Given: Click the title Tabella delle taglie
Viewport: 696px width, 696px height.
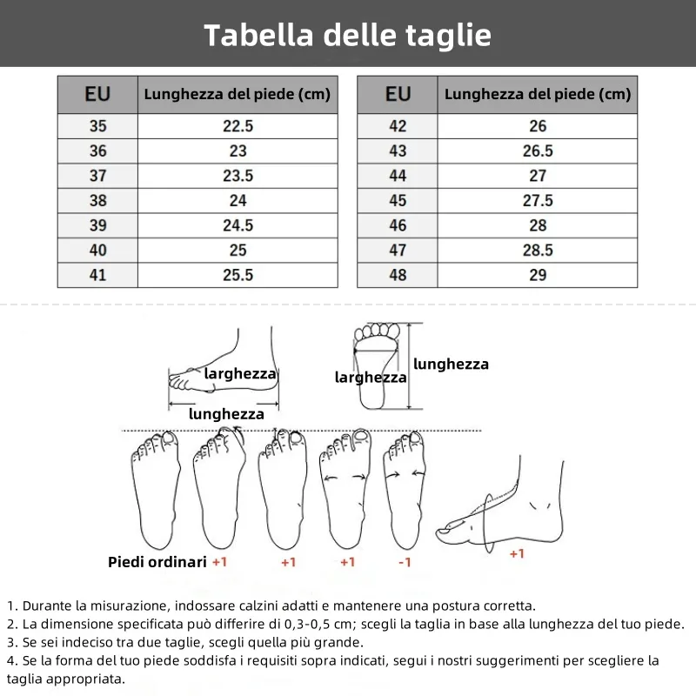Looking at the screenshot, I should pyautogui.click(x=347, y=35).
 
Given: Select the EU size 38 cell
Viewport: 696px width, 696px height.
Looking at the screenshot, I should pyautogui.click(x=97, y=200).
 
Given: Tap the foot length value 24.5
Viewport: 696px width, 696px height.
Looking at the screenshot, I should pyautogui.click(x=238, y=225).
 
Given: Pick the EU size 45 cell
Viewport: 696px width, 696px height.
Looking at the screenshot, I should pyautogui.click(x=398, y=200).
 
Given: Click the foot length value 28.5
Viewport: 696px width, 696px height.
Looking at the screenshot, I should pyautogui.click(x=538, y=251).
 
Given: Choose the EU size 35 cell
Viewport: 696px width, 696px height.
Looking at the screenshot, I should pyautogui.click(x=97, y=126).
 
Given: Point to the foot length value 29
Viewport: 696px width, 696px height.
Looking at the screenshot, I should pyautogui.click(x=538, y=275).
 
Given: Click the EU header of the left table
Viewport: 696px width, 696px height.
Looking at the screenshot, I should pyautogui.click(x=97, y=94).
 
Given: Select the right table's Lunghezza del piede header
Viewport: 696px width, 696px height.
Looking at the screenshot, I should pyautogui.click(x=538, y=94).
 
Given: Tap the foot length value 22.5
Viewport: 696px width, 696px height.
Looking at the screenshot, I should pyautogui.click(x=238, y=126).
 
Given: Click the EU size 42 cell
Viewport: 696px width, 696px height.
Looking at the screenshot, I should pyautogui.click(x=398, y=126).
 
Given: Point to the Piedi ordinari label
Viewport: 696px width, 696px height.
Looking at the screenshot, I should pyautogui.click(x=157, y=562).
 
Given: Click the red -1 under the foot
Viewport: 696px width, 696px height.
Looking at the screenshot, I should pyautogui.click(x=405, y=562).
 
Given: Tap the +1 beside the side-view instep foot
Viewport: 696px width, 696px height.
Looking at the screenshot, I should pyautogui.click(x=517, y=553).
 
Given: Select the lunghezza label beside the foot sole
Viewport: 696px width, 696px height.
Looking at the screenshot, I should pyautogui.click(x=451, y=365).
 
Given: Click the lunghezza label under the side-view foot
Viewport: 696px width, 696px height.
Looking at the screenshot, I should pyautogui.click(x=226, y=414).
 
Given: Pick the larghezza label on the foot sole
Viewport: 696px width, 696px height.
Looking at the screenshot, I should pyautogui.click(x=371, y=378).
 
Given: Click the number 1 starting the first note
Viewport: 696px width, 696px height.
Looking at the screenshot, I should pyautogui.click(x=10, y=606).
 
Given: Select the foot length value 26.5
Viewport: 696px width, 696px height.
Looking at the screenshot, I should pyautogui.click(x=538, y=151).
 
